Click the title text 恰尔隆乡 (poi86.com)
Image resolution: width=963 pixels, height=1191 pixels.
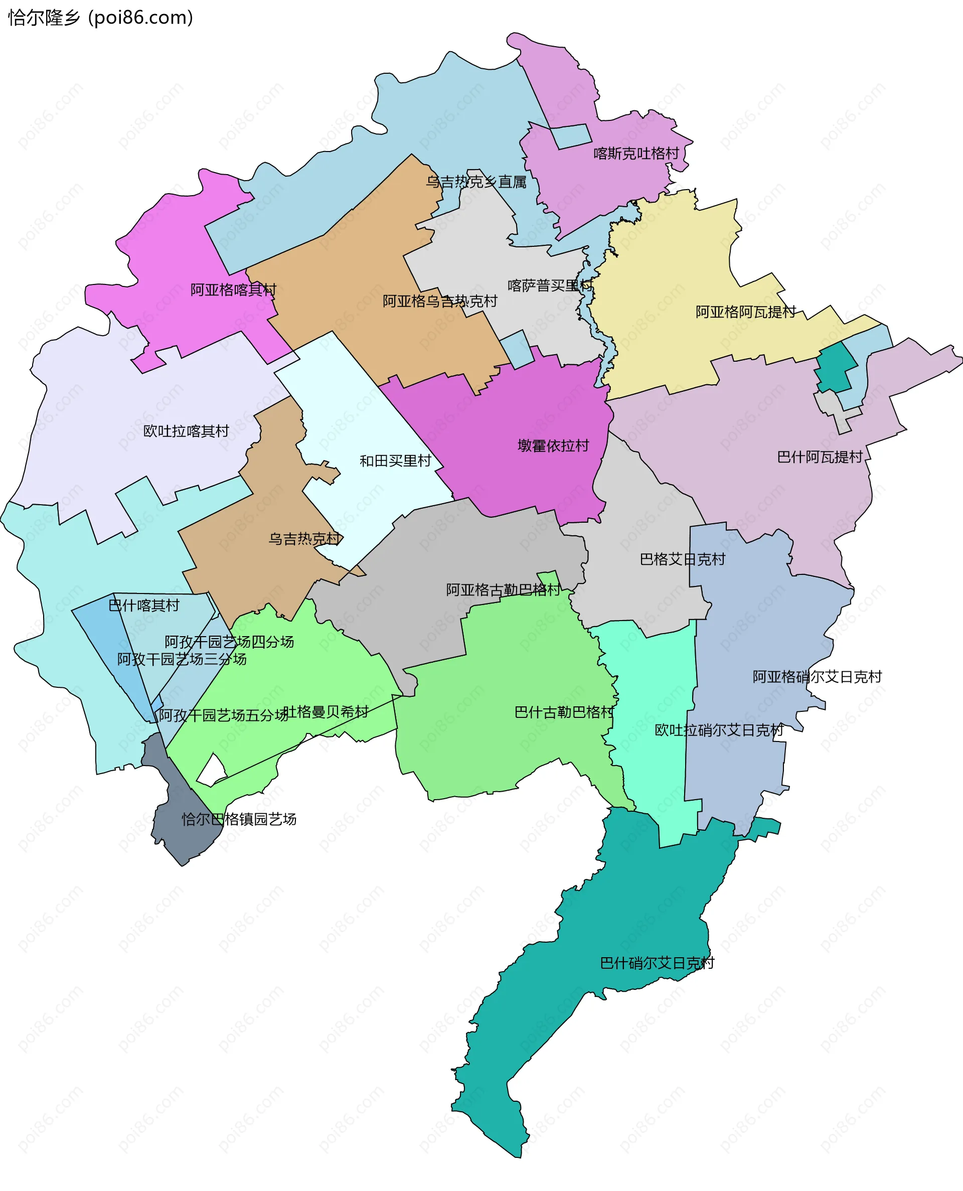100,18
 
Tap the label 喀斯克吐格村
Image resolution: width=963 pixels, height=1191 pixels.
636,154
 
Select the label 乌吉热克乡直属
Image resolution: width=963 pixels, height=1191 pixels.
476,182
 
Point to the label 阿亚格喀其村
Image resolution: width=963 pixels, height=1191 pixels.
233,289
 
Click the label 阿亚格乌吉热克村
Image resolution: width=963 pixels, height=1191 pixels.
440,301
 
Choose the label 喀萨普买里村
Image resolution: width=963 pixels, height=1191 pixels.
550,285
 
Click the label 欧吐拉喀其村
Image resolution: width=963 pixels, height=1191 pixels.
186,431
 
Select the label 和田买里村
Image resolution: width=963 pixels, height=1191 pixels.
395,461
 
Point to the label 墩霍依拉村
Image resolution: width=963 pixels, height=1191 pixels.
553,445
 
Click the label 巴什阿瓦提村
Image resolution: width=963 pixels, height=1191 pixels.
820,457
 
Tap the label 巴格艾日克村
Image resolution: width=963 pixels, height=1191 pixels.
682,559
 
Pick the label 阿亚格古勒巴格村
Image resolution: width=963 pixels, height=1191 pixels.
503,589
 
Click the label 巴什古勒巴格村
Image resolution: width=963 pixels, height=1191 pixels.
564,712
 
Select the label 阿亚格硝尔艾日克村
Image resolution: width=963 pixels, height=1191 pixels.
817,677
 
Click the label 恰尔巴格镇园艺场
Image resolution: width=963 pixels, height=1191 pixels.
239,819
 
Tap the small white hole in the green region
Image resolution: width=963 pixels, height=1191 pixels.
212,771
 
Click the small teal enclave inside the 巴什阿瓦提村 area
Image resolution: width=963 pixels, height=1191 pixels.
835,368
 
